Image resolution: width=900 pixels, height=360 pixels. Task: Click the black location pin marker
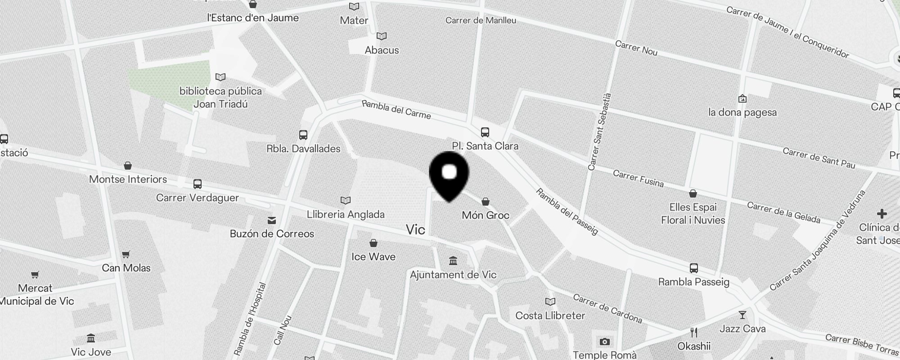click(449, 176)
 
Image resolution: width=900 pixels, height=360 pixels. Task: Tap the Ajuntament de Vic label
click(453, 274)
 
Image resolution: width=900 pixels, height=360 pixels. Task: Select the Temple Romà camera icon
click(604, 342)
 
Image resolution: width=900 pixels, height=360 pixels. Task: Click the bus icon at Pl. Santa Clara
click(485, 132)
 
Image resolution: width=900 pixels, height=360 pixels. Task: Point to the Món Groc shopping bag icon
click(485, 202)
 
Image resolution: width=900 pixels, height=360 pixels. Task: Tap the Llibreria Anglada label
click(346, 215)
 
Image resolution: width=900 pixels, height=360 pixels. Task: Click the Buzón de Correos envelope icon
click(272, 220)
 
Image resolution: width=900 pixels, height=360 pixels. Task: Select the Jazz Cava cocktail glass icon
click(742, 315)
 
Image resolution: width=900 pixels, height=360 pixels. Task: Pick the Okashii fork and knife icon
click(694, 333)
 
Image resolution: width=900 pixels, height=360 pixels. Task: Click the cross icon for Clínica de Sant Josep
click(882, 214)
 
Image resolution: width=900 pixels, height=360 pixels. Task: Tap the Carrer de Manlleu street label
click(481, 20)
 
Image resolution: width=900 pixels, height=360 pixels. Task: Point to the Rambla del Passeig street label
click(567, 212)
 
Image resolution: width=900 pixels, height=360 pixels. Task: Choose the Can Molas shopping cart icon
click(126, 255)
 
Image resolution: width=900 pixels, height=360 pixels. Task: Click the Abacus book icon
click(382, 36)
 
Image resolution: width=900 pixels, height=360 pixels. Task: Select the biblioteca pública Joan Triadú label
click(220, 98)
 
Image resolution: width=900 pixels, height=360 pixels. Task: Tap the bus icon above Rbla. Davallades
click(303, 135)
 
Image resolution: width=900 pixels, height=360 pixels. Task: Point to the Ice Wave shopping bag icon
click(373, 243)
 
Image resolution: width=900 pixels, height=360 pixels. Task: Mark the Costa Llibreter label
click(550, 315)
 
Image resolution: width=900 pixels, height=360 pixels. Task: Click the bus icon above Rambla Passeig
click(693, 268)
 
